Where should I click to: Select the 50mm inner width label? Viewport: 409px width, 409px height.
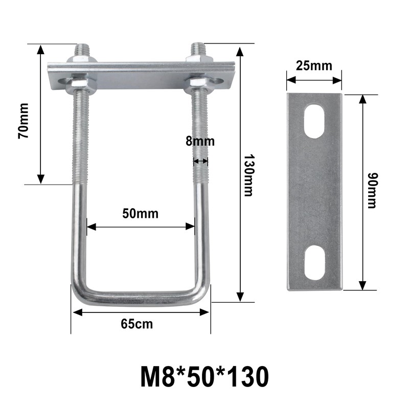140,213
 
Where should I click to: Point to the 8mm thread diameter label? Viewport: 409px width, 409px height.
200,142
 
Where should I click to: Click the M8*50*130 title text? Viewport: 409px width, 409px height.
203,377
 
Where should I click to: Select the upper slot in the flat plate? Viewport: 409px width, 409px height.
314,121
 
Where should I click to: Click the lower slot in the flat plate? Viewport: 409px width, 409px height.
314,262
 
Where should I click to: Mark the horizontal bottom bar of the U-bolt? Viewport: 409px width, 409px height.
141,299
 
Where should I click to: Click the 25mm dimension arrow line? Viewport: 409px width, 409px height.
314,79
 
